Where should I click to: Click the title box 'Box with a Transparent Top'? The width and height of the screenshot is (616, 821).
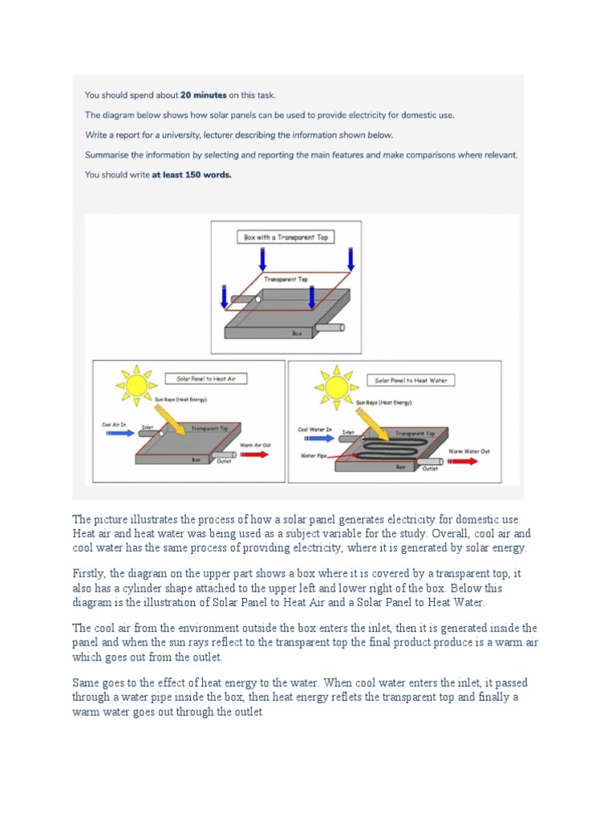click(286, 237)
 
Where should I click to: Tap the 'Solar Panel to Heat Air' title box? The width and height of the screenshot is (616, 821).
click(206, 378)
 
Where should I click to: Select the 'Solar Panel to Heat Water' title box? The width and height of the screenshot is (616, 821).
click(411, 379)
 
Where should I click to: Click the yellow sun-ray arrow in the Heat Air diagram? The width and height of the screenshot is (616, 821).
click(169, 420)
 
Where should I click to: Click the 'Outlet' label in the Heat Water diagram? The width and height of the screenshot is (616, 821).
click(430, 468)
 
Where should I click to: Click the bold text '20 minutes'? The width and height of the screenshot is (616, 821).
click(188, 95)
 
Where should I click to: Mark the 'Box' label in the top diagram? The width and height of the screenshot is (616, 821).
click(297, 332)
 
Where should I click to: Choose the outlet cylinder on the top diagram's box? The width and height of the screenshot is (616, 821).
click(330, 326)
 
